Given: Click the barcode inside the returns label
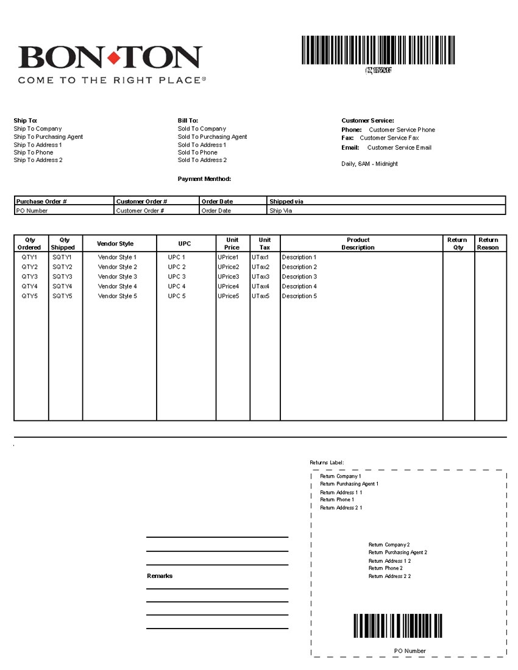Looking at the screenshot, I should click(x=397, y=626).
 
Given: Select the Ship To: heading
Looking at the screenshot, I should click(x=26, y=121).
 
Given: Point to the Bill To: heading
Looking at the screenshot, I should click(x=188, y=121).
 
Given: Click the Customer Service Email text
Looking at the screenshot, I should click(x=399, y=147).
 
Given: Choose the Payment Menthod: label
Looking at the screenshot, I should click(x=204, y=179).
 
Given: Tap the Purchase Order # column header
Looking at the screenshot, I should click(x=41, y=201).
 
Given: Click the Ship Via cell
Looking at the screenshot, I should click(x=281, y=211).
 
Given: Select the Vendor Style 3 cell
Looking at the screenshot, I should click(x=118, y=277).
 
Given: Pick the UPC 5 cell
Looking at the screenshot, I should click(x=177, y=296).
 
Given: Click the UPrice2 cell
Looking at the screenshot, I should click(x=229, y=267).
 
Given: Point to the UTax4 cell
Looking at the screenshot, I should click(x=260, y=286).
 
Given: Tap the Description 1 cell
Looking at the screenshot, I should click(x=299, y=257).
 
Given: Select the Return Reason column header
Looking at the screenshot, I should click(x=488, y=244).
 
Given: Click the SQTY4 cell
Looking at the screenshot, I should click(x=62, y=286).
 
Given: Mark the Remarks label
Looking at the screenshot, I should click(x=160, y=576).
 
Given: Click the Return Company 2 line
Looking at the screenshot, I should click(x=389, y=545).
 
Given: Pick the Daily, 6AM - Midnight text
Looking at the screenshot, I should click(x=369, y=164).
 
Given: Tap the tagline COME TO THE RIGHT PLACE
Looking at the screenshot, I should click(x=110, y=80).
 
